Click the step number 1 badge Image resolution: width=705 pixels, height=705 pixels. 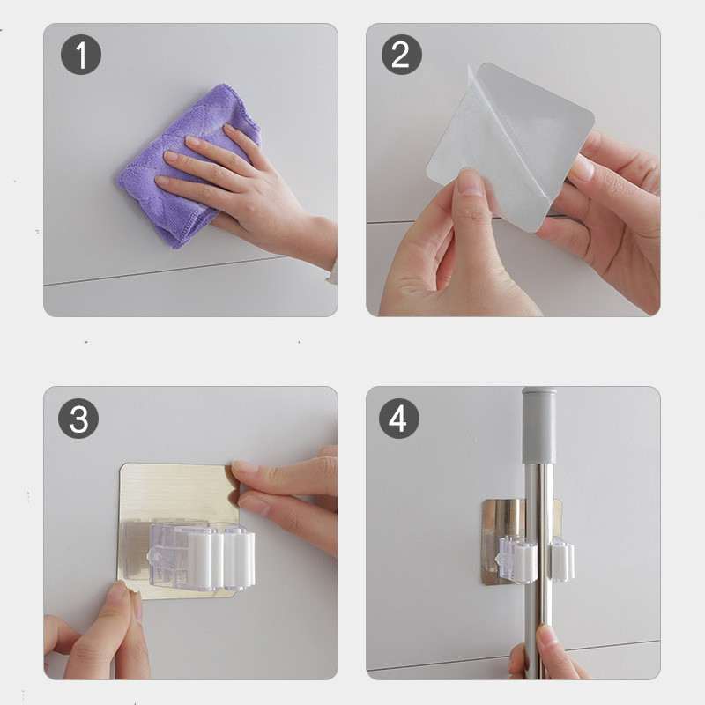(x=81, y=55)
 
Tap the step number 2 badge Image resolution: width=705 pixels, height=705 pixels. (x=402, y=55)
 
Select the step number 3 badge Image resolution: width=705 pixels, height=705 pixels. (x=78, y=418)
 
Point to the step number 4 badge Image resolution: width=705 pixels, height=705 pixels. (x=399, y=418)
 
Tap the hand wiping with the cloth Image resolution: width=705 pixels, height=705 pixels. (x=252, y=193)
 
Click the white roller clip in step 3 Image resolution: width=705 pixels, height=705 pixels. (x=220, y=558)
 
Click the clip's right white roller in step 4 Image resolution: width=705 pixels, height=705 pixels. (x=561, y=561)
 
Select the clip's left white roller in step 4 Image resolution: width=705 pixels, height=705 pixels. (x=525, y=563)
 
